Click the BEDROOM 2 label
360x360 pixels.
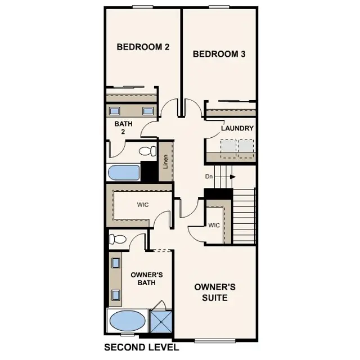coord(143,47)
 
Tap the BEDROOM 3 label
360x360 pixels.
coord(219,54)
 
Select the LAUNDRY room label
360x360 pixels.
coord(237,128)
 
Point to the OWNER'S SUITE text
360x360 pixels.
coord(214,291)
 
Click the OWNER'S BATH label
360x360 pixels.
coord(146,278)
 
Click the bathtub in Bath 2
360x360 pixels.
coord(124,173)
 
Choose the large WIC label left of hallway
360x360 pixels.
coord(143,205)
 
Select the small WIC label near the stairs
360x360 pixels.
coord(213,226)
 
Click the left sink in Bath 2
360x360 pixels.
coord(114,111)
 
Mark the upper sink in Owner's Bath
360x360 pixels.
coord(116,263)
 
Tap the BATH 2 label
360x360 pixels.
coord(123,128)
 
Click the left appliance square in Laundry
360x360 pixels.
coord(228,147)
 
